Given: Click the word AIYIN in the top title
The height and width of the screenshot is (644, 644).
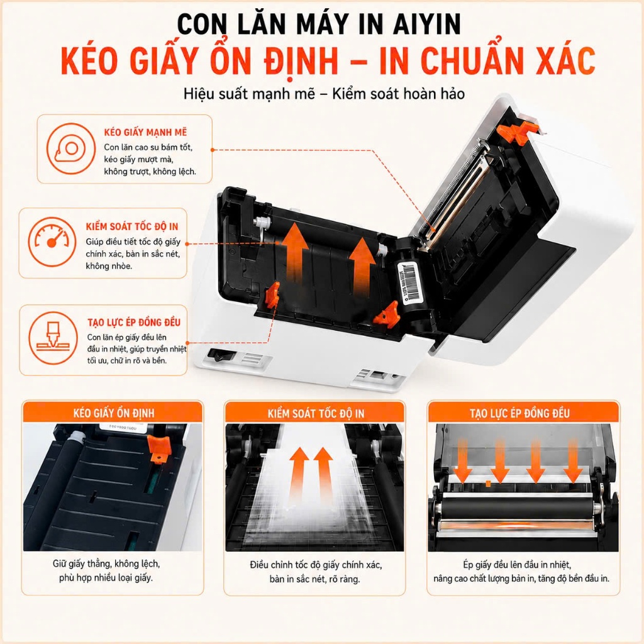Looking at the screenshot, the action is click(427, 25).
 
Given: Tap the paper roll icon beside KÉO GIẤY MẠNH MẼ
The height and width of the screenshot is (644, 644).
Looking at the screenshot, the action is click(70, 148).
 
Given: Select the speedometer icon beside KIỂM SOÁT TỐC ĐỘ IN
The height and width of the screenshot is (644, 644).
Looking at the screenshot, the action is click(52, 242).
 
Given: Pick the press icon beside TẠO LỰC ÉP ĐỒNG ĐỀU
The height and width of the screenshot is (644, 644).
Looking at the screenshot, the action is click(53, 338).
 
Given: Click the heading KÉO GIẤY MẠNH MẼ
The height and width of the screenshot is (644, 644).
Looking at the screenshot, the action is click(145, 132).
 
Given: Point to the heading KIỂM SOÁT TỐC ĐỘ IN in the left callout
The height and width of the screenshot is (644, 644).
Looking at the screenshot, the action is click(132, 226).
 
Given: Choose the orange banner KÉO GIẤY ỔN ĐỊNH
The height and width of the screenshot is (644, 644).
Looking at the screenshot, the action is click(113, 412).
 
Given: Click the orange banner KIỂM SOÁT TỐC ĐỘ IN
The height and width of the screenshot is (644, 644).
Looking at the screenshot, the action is click(316, 413).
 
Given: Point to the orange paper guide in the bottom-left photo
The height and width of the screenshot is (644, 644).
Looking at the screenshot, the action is click(159, 449).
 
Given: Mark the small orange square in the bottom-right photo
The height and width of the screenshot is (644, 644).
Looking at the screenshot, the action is click(488, 484).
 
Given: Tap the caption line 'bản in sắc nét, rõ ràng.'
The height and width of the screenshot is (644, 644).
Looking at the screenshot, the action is click(315, 579).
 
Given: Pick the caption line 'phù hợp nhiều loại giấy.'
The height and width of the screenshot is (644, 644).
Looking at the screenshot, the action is click(106, 578).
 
